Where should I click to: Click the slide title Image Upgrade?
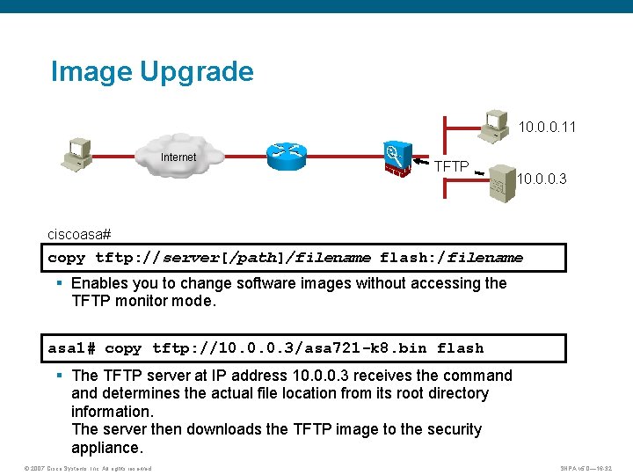152,71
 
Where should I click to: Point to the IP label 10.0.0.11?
547,128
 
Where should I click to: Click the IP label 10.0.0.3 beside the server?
542,179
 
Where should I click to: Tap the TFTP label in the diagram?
452,165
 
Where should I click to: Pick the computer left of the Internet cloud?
77,153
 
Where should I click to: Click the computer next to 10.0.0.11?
495,124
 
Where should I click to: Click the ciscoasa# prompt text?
79,235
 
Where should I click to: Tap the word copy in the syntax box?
67,258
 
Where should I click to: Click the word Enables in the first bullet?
99,283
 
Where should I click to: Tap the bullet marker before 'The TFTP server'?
59,376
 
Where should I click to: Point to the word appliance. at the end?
106,448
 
